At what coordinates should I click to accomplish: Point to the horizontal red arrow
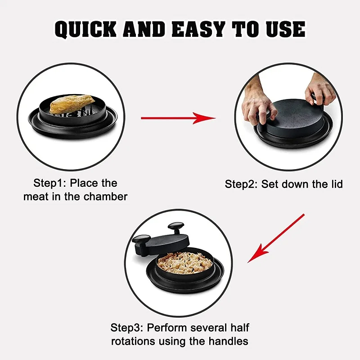click(178, 118)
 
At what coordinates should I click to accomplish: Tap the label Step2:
click(242, 184)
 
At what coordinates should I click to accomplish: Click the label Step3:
click(128, 327)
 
